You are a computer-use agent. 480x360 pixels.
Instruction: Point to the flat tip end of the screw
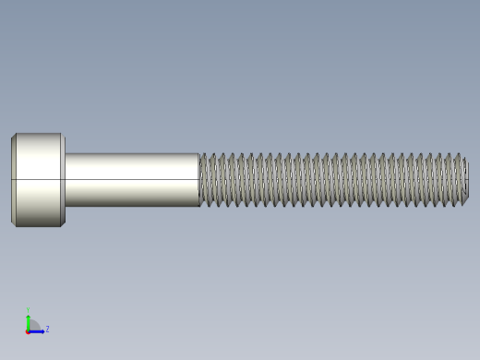click(x=466, y=179)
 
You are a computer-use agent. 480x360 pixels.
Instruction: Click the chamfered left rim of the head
click(x=13, y=179)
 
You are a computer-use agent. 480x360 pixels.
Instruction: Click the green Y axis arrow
click(x=28, y=318)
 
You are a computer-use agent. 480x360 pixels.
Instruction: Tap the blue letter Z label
click(x=47, y=329)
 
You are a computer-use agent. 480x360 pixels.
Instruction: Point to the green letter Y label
click(x=28, y=310)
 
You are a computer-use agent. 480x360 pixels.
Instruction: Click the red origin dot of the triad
click(x=28, y=330)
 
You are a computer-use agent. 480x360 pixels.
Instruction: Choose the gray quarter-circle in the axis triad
click(x=34, y=324)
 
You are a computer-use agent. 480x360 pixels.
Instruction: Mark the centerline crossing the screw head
click(x=38, y=179)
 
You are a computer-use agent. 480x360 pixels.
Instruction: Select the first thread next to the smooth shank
click(x=204, y=179)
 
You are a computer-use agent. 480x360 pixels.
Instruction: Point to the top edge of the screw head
click(x=38, y=134)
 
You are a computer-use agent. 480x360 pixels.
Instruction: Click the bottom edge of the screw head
click(x=38, y=225)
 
